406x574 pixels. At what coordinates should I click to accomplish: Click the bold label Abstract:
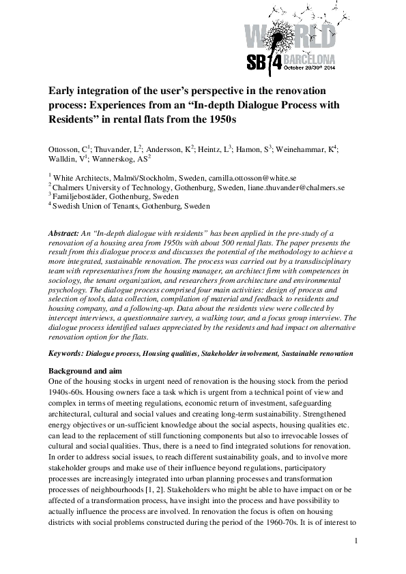pos(65,233)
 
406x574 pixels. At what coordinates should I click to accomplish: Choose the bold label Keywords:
pos(67,354)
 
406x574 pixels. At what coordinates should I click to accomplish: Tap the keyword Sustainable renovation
pos(317,354)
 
